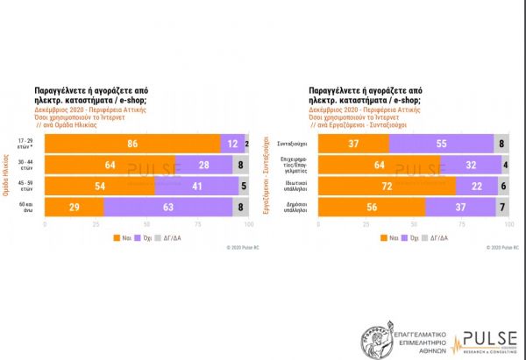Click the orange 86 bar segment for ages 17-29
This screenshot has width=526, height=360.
click(x=132, y=142)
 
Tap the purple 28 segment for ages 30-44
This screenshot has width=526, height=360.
click(x=204, y=164)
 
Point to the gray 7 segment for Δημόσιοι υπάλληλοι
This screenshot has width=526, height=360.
click(x=501, y=207)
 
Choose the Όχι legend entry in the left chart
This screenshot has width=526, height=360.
click(x=159, y=236)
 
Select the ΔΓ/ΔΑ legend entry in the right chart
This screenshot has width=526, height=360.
click(x=451, y=236)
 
